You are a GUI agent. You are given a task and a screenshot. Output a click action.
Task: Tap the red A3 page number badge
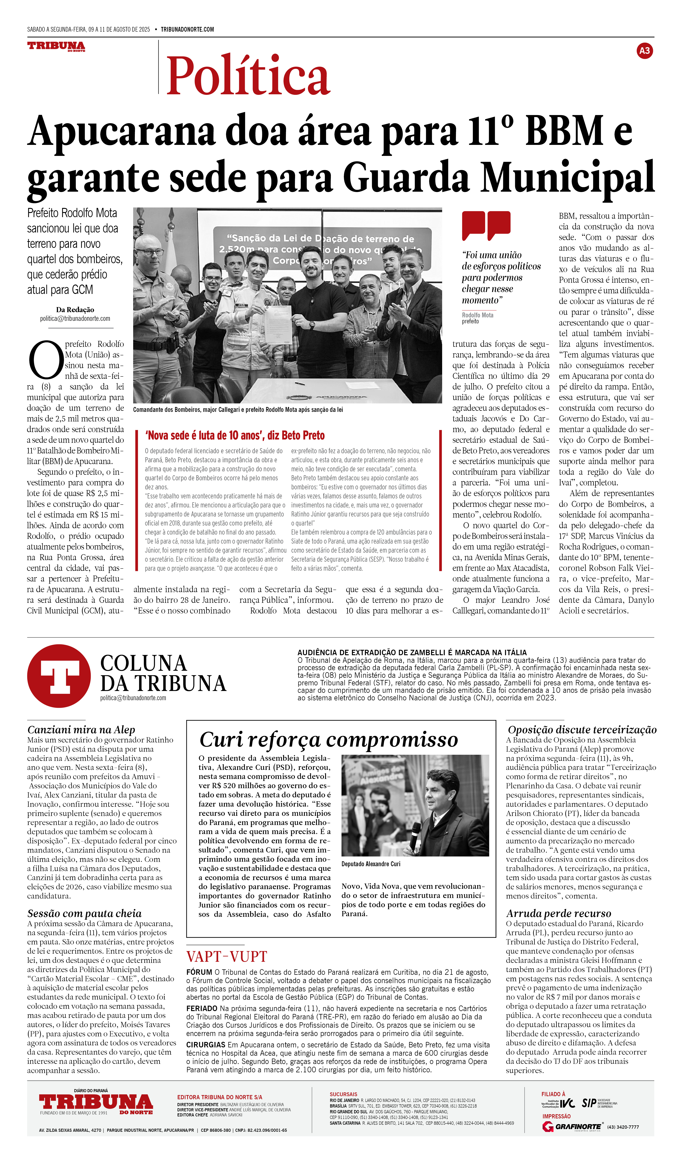tap(644, 51)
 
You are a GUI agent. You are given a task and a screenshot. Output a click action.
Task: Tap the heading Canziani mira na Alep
tap(81, 730)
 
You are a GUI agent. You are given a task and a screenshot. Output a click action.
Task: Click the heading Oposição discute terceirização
tap(582, 730)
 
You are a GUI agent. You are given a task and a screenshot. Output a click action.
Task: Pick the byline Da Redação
tap(75, 310)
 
